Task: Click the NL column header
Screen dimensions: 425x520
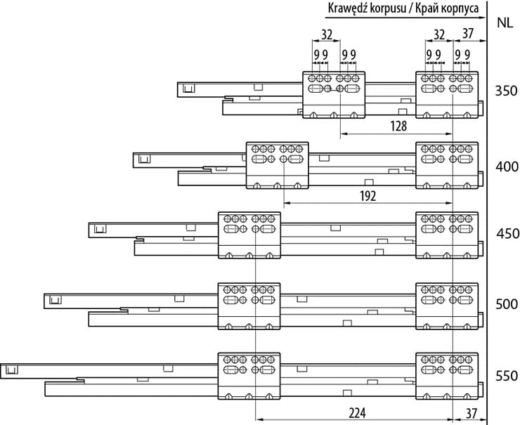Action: [x=504, y=22]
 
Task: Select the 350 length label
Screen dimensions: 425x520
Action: [x=506, y=91]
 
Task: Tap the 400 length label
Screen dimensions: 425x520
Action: [x=506, y=167]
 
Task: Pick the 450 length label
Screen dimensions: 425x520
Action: [x=506, y=234]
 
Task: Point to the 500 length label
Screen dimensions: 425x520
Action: [x=506, y=304]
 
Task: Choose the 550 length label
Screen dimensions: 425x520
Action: [x=506, y=376]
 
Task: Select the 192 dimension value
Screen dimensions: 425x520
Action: [x=366, y=196]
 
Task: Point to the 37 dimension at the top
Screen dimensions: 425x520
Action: [x=469, y=34]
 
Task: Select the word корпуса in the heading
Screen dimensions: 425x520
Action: [x=461, y=8]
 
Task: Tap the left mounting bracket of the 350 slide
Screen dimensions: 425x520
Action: [x=334, y=94]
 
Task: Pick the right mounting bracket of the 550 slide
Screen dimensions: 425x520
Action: [x=447, y=376]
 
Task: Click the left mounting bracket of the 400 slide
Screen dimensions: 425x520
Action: [x=277, y=165]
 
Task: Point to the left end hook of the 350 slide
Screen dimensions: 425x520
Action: [x=188, y=89]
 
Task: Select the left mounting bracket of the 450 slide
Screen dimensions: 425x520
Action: [x=249, y=235]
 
